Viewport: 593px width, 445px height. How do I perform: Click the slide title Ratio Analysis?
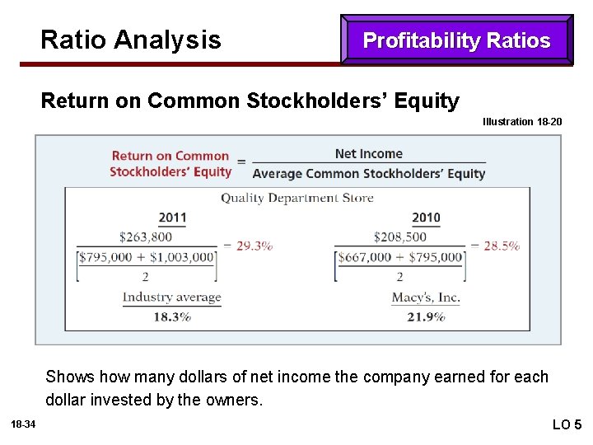[130, 40]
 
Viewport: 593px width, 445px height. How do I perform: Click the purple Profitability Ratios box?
[456, 40]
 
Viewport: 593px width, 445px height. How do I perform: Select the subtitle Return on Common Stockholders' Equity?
[250, 101]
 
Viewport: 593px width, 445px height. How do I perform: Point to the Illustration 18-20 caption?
[522, 122]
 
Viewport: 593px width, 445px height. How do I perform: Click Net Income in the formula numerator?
[368, 153]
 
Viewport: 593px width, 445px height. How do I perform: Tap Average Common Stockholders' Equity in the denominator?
[368, 173]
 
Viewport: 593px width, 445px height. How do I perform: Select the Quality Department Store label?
[296, 198]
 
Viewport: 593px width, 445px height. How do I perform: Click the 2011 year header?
[172, 218]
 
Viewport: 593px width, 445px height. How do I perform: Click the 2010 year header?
[426, 218]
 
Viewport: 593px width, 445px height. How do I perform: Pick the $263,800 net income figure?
[146, 237]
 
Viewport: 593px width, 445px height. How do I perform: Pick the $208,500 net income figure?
[399, 237]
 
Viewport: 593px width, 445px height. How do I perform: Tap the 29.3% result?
[254, 246]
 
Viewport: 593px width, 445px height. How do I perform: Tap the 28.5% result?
[501, 246]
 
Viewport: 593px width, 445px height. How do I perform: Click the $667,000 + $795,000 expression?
[400, 257]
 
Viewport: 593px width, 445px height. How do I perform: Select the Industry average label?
[172, 297]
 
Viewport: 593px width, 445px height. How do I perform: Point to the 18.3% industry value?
[172, 316]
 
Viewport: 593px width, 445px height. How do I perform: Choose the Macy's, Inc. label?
[426, 297]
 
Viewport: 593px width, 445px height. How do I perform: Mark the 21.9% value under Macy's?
[426, 316]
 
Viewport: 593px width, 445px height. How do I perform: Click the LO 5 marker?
[566, 424]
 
